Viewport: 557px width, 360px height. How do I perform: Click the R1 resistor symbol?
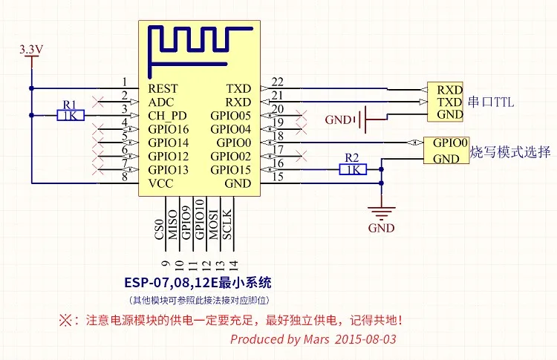coord(71,115)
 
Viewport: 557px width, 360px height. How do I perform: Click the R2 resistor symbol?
coord(353,169)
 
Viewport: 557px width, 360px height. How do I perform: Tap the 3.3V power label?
coord(31,50)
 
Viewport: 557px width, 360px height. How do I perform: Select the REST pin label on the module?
coord(163,88)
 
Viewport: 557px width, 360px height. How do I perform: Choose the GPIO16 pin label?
coord(169,129)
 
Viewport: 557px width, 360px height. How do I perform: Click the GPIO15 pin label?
coord(231,170)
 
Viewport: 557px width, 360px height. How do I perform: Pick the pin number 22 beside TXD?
coord(278,82)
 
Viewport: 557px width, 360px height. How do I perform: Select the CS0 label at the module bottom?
coord(158,226)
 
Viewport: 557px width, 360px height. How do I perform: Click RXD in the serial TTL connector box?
coord(449,89)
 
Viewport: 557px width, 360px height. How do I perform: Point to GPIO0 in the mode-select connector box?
coord(450,143)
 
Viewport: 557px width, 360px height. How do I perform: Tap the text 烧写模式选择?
coord(511,153)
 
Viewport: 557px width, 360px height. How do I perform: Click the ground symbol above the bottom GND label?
coord(381,213)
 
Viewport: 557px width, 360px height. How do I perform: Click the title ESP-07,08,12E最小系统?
coord(198,283)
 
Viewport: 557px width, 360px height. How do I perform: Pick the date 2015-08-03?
coord(365,339)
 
